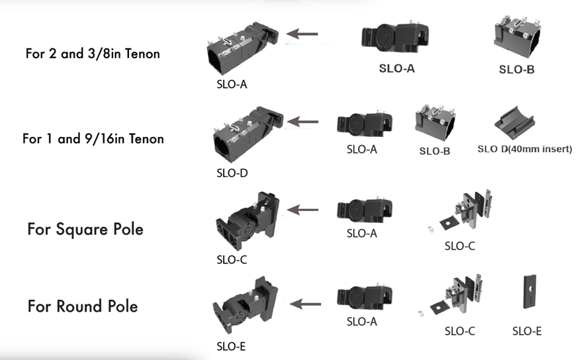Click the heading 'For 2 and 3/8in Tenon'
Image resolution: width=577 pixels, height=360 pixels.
click(93, 54)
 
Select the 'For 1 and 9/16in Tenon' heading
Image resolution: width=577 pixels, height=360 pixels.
click(93, 139)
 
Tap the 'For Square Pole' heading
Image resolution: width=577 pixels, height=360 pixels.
click(85, 230)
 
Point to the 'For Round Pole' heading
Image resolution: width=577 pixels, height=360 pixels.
click(83, 306)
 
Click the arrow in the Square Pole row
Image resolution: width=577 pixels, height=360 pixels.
click(302, 210)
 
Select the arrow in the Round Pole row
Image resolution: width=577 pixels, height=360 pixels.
click(305, 304)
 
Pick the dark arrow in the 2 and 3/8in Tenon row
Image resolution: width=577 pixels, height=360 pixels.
click(302, 34)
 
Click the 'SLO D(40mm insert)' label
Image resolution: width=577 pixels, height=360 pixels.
click(525, 149)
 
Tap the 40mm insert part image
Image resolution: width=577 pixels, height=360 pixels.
click(514, 123)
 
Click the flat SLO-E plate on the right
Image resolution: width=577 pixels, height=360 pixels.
click(530, 292)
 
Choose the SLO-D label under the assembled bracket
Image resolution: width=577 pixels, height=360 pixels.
click(232, 173)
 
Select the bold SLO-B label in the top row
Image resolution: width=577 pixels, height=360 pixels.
click(517, 69)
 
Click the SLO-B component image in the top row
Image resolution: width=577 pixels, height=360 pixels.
click(517, 37)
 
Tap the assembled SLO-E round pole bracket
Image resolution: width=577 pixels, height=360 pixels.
click(245, 305)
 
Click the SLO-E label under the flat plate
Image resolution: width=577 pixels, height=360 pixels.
click(527, 332)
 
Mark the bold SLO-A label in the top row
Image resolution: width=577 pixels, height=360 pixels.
click(397, 68)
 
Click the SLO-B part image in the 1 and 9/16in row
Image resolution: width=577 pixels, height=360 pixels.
click(435, 123)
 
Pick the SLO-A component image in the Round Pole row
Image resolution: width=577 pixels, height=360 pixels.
click(365, 296)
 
